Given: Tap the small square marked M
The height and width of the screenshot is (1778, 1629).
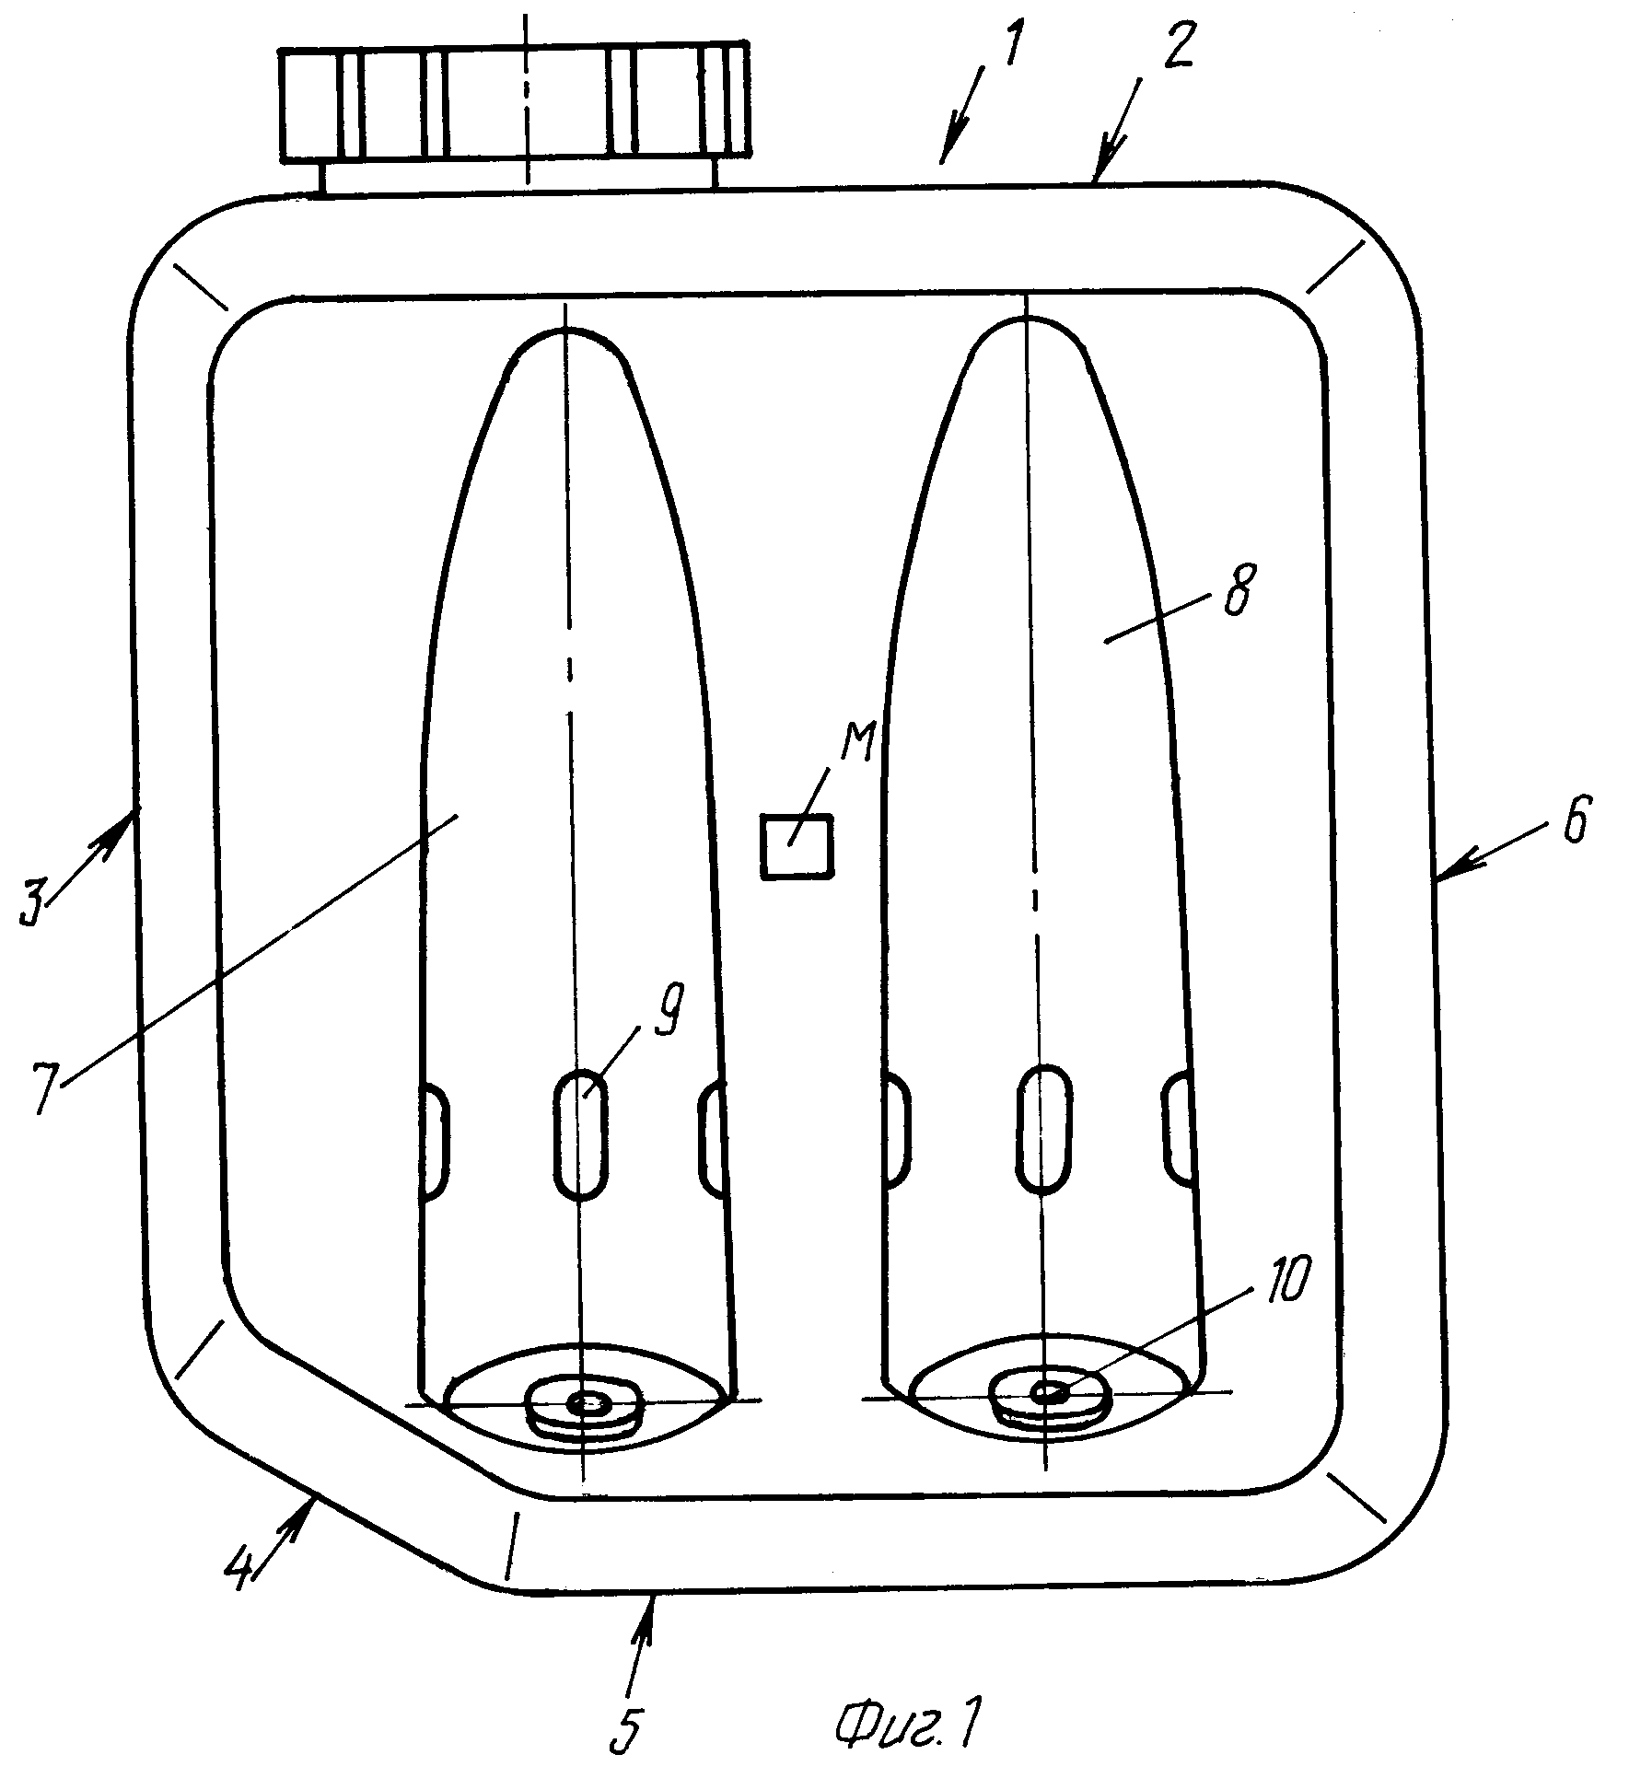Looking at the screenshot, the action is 797,846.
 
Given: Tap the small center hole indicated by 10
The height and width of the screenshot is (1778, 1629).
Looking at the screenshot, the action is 1048,1393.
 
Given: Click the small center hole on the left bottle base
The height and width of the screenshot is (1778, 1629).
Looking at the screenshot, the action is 586,1403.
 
